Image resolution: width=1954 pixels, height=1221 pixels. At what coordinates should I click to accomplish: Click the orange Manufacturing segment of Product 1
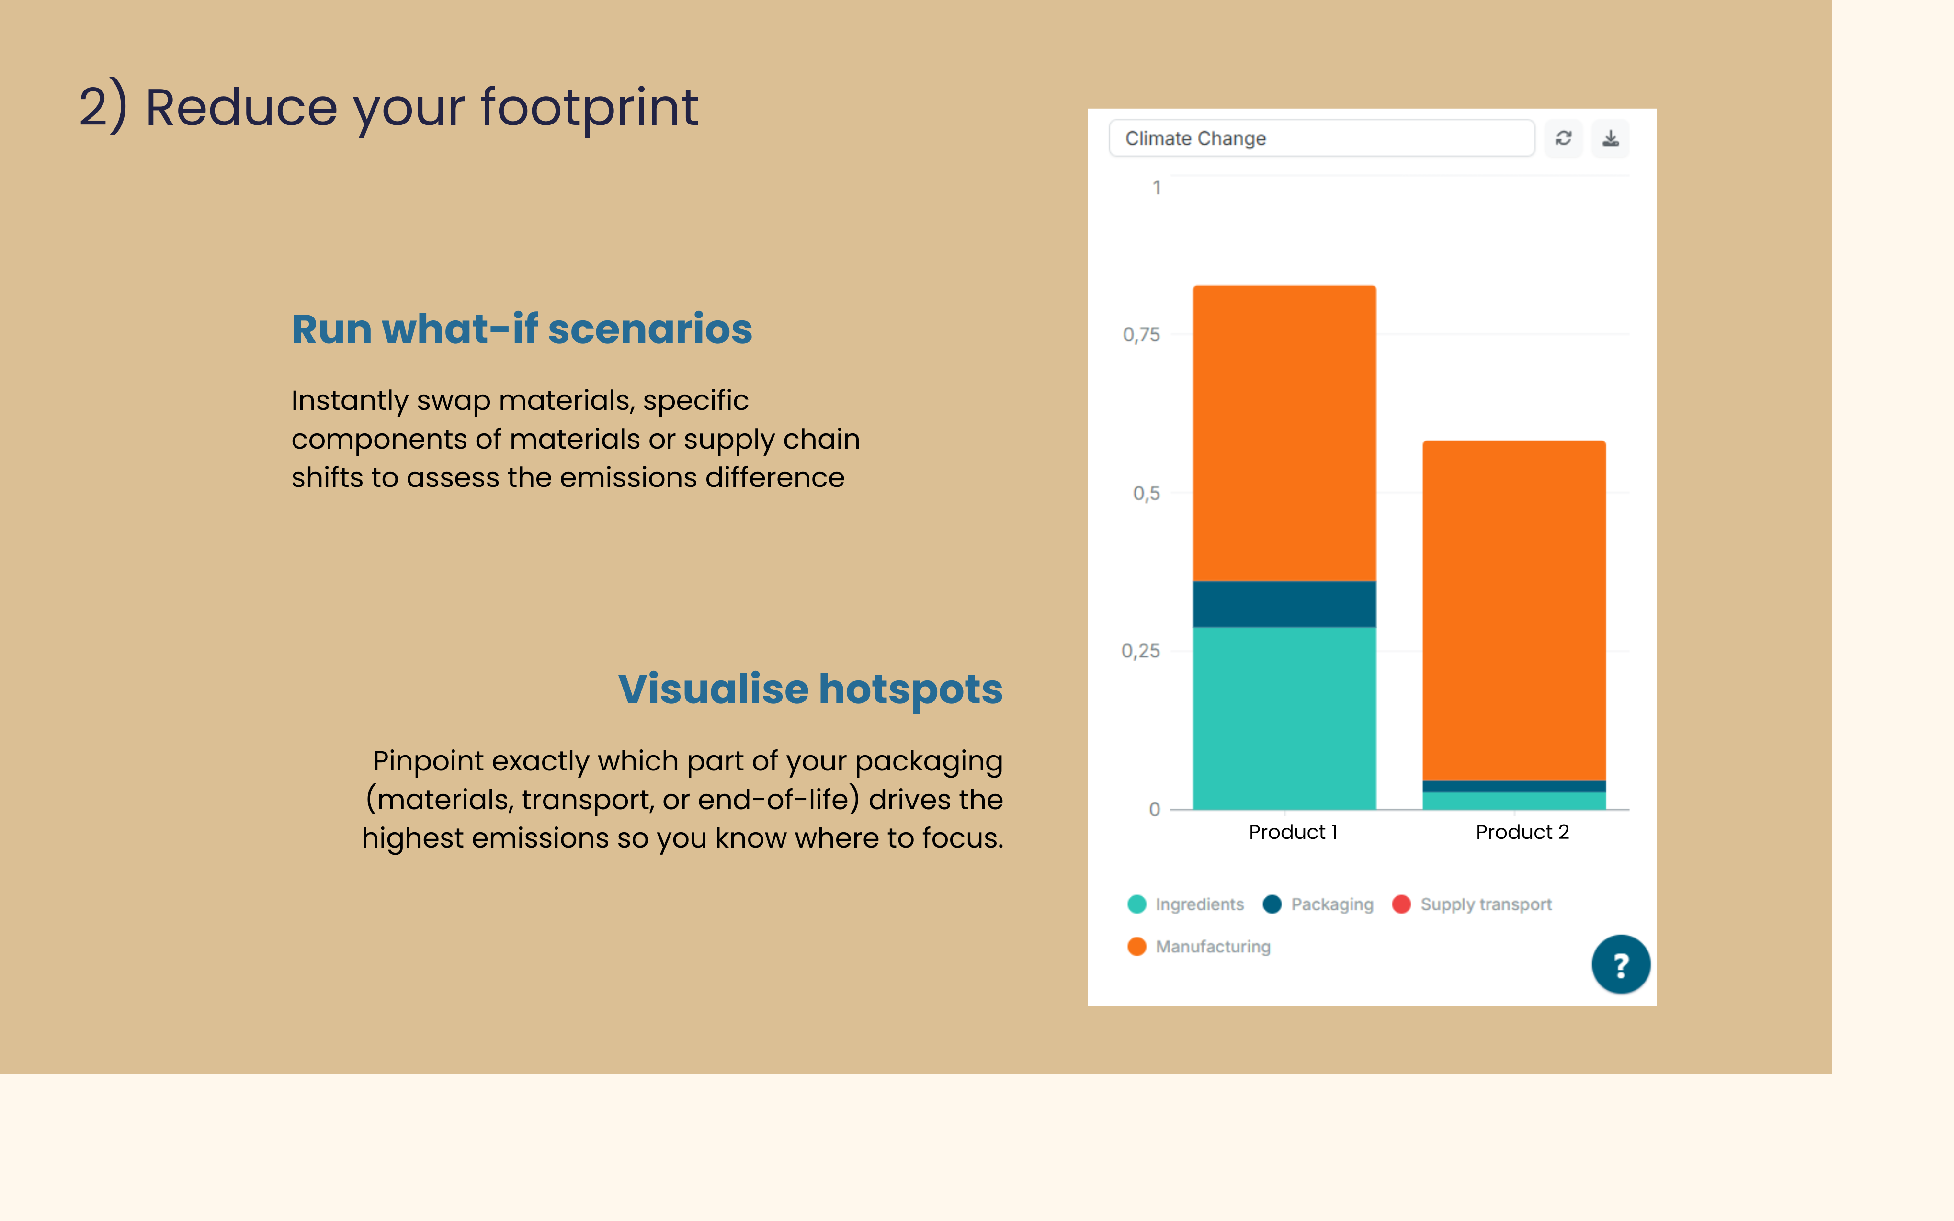[x=1284, y=433]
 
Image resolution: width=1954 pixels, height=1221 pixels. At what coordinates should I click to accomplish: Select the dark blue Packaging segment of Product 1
[x=1284, y=604]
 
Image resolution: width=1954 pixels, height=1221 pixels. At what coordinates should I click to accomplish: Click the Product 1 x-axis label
[x=1293, y=832]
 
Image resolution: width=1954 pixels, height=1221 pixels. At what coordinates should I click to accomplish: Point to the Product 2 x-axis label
[x=1521, y=832]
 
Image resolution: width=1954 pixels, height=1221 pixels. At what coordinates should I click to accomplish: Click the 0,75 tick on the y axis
[x=1141, y=334]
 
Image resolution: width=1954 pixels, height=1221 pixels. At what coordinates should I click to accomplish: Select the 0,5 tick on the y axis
[x=1146, y=493]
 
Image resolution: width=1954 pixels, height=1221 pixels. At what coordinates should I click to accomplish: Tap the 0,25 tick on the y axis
[x=1140, y=651]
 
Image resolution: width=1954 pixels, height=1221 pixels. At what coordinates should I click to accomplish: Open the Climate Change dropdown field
[x=1321, y=138]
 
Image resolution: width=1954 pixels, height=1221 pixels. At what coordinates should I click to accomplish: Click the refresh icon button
[x=1563, y=138]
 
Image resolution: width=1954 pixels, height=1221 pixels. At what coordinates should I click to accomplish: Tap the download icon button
[x=1610, y=138]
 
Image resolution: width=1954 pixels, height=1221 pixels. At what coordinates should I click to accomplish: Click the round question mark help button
[x=1620, y=964]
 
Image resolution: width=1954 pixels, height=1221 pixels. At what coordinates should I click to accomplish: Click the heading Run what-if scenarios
[x=522, y=329]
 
